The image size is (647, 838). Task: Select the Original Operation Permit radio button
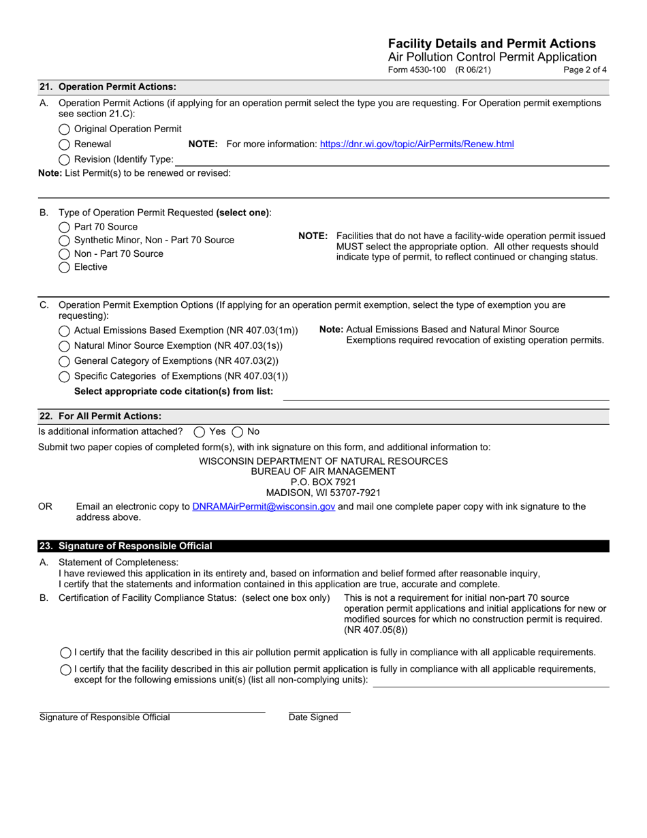(x=64, y=129)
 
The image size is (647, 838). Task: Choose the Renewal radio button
(x=64, y=144)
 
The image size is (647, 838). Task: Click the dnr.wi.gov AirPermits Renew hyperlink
(x=417, y=144)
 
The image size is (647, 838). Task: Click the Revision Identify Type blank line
(x=391, y=161)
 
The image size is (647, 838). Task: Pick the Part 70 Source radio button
(x=64, y=227)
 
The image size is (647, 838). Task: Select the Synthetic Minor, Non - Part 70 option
(x=64, y=240)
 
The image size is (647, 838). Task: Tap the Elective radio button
(x=64, y=268)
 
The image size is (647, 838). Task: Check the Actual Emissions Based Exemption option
(x=64, y=331)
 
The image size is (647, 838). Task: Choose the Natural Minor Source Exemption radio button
(x=64, y=346)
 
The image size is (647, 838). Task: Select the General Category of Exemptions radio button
(x=64, y=361)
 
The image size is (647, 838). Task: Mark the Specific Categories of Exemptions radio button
(x=64, y=377)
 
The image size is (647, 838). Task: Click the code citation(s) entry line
(x=445, y=394)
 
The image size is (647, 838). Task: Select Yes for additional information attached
(x=200, y=432)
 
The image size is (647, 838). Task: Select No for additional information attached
(x=238, y=432)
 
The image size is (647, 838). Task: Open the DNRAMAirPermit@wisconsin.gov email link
(x=264, y=507)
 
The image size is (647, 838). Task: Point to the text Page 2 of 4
(x=585, y=70)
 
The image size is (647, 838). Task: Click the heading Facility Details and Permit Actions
(x=492, y=44)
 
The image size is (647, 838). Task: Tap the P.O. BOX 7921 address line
(x=323, y=482)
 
